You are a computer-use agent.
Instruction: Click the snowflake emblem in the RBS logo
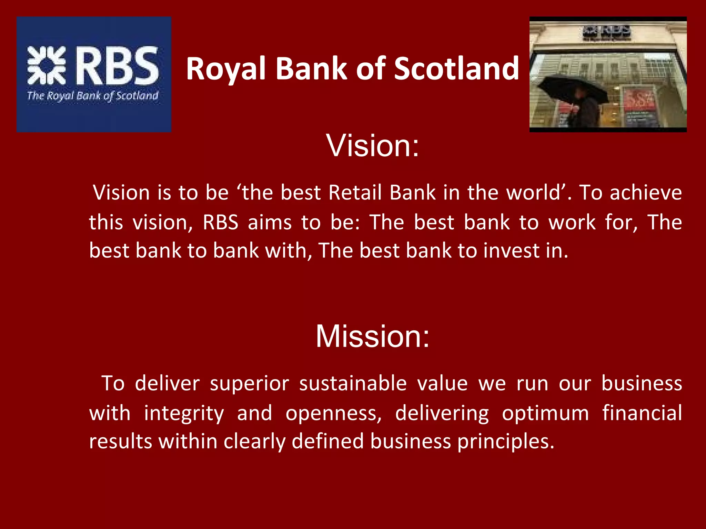click(x=47, y=65)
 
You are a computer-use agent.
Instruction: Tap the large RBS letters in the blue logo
click(x=117, y=66)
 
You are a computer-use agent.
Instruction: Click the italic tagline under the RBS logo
click(x=93, y=96)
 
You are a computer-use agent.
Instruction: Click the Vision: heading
click(x=373, y=146)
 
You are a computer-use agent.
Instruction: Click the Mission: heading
click(x=373, y=336)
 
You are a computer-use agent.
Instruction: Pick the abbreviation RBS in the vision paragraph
click(x=220, y=222)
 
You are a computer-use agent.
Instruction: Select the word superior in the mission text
click(x=249, y=384)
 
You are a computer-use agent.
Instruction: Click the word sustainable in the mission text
click(x=353, y=384)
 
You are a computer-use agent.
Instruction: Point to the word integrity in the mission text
click(x=184, y=414)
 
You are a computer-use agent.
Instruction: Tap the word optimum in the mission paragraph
click(x=545, y=414)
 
